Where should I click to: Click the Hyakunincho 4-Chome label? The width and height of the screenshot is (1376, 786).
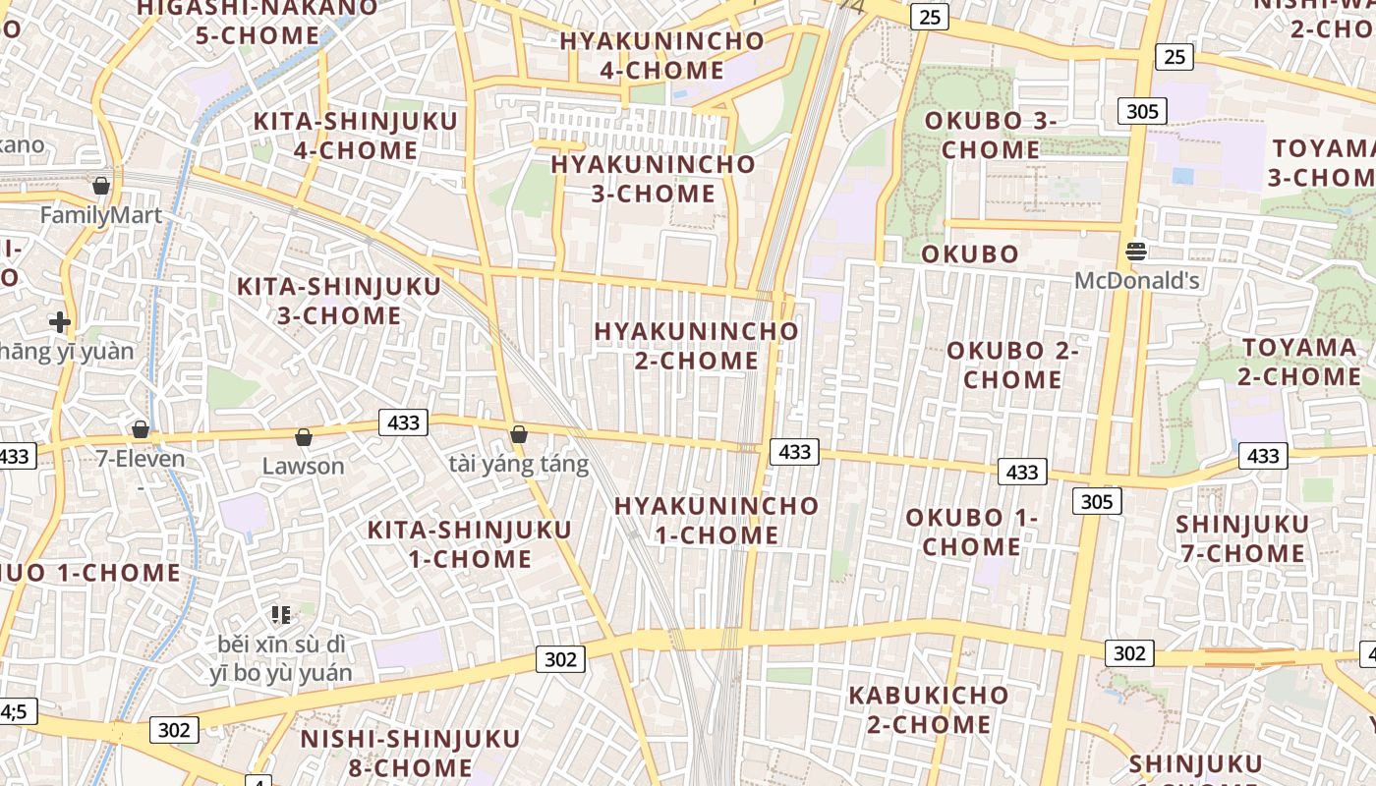661,56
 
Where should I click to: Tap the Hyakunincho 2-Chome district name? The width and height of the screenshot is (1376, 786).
696,346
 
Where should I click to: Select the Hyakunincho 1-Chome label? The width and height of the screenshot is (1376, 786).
717,521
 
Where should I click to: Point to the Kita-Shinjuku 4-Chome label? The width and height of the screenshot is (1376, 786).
356,136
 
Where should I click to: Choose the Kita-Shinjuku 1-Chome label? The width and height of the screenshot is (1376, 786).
469,544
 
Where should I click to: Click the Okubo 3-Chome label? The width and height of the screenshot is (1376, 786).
991,136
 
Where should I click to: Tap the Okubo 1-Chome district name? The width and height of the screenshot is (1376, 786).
971,532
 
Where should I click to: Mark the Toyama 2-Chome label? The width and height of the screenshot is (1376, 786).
1299,362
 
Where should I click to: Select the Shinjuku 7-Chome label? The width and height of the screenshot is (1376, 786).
1242,538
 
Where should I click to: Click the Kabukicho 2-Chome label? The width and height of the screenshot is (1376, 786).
929,709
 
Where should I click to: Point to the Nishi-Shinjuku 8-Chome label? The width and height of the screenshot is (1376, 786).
410,753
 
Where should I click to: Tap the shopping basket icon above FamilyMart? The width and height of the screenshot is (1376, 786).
100,185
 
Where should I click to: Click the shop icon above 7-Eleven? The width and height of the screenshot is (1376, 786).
141,429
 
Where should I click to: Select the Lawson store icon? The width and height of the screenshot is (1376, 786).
304,437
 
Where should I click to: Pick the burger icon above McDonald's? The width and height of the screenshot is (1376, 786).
1136,252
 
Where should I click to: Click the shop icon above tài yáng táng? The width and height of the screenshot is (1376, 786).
519,434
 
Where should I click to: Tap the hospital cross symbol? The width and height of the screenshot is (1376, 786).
60,321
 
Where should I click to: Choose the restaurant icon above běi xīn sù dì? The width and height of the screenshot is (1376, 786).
280,615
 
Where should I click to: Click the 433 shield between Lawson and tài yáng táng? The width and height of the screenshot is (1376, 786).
403,423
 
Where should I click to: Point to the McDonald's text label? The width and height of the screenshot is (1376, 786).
1136,281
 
